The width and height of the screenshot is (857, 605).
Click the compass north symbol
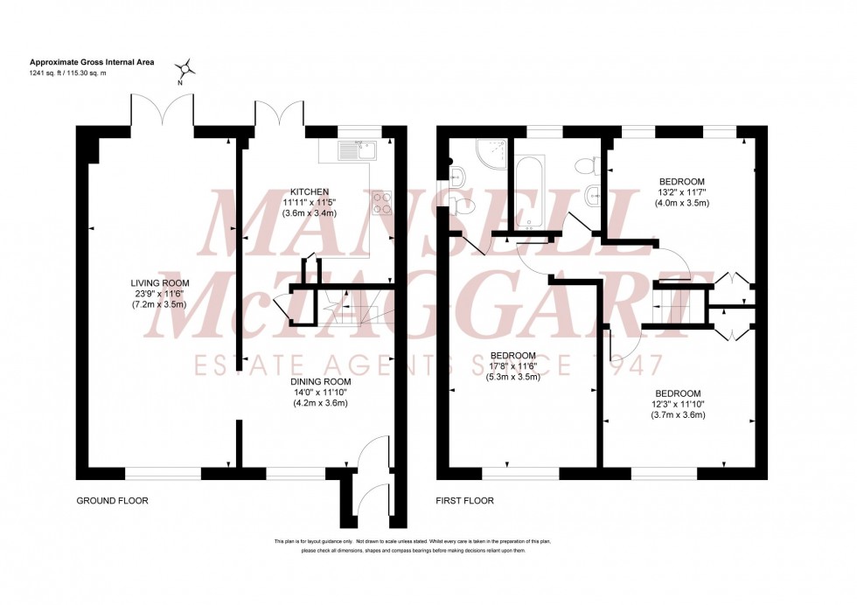tap(186, 69)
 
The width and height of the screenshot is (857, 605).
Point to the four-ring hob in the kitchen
tap(382, 203)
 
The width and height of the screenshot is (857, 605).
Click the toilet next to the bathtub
tap(594, 163)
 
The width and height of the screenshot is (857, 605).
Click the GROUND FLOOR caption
tap(112, 501)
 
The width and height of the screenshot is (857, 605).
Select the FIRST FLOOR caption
tap(465, 501)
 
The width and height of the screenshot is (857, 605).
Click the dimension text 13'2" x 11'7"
tap(682, 192)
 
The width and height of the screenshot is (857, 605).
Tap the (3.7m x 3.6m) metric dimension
tap(679, 414)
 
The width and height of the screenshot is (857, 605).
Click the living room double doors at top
tap(162, 112)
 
